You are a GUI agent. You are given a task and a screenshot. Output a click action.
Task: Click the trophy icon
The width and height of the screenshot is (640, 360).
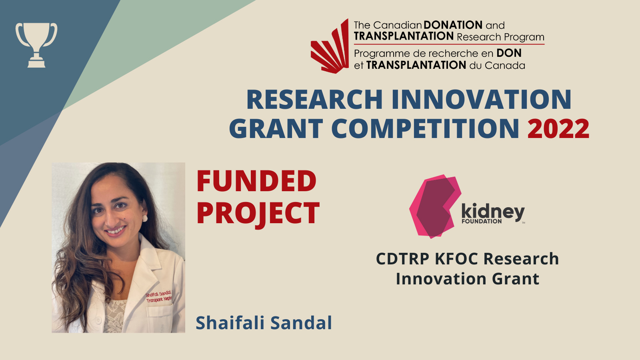pyautogui.click(x=36, y=45)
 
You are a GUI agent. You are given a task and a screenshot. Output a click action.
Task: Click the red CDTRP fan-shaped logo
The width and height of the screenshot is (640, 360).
pyautogui.click(x=330, y=46)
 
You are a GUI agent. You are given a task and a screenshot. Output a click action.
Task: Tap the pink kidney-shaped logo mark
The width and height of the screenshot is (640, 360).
pyautogui.click(x=435, y=206)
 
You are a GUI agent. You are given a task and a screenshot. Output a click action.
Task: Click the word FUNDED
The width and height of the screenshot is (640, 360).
pyautogui.click(x=256, y=181)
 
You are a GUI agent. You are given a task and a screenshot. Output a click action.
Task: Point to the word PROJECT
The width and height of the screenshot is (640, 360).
pyautogui.click(x=258, y=214)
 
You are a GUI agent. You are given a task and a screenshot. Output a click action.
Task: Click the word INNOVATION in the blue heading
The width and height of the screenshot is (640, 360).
pyautogui.click(x=482, y=100)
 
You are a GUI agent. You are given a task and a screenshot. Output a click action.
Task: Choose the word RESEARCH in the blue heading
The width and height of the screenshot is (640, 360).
pyautogui.click(x=314, y=100)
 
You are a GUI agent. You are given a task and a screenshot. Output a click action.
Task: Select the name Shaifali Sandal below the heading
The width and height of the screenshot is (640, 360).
pyautogui.click(x=264, y=323)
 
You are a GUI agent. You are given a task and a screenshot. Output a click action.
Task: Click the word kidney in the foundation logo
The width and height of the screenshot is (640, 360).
pyautogui.click(x=493, y=212)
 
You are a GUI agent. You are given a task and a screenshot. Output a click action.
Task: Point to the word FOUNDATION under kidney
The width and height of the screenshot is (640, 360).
pyautogui.click(x=482, y=221)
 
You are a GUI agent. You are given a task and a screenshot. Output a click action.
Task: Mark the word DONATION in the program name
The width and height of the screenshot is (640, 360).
pyautogui.click(x=453, y=25)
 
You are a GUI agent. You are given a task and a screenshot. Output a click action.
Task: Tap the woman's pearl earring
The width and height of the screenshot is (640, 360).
pyautogui.click(x=145, y=218)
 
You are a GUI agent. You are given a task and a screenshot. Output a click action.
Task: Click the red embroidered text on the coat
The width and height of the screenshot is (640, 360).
pyautogui.click(x=159, y=296)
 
